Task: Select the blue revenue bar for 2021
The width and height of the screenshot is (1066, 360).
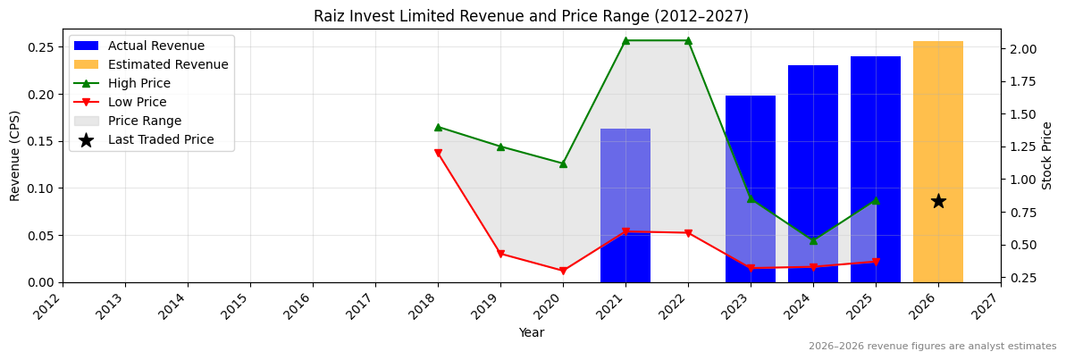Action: (625, 205)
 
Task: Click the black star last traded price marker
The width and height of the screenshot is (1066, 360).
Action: (938, 201)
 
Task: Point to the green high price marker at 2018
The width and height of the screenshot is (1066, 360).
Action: (438, 127)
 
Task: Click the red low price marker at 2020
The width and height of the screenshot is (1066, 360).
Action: (563, 271)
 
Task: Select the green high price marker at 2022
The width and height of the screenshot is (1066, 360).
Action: (688, 40)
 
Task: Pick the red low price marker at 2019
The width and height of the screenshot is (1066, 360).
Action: (500, 255)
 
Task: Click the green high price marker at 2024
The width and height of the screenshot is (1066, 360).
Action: (813, 240)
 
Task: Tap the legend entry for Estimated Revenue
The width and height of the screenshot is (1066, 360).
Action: (168, 64)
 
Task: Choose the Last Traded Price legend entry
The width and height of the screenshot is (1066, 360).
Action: (161, 139)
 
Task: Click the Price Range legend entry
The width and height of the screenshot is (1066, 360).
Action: (145, 121)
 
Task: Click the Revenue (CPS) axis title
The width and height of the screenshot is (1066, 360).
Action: (15, 155)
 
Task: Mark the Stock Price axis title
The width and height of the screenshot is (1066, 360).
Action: (1047, 155)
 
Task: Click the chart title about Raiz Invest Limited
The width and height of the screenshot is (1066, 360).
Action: (531, 16)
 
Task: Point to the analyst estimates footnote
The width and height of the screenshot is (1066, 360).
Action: (932, 347)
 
